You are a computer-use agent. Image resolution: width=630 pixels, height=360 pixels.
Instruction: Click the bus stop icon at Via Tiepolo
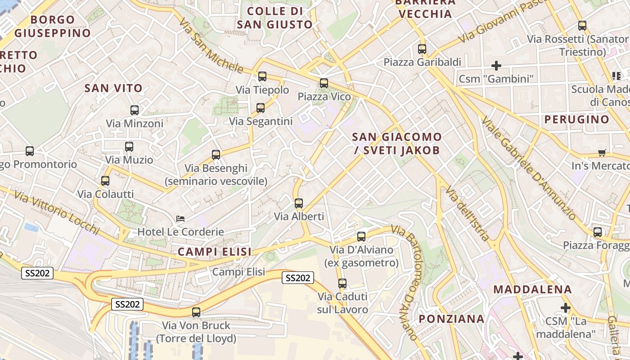click(262, 76)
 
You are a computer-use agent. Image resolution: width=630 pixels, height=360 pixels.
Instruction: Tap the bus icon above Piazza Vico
click(324, 83)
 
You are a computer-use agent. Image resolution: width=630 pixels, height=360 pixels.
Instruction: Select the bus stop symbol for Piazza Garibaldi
click(422, 49)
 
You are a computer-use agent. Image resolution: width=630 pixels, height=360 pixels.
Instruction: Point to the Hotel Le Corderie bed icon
click(180, 219)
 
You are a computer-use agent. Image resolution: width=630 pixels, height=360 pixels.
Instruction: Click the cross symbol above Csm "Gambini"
click(496, 66)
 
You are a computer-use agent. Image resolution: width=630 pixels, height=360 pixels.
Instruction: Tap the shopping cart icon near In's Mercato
click(602, 153)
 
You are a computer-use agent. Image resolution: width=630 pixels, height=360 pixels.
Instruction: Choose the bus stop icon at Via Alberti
click(299, 203)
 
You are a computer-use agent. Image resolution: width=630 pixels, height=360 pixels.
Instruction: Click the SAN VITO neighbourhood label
click(113, 88)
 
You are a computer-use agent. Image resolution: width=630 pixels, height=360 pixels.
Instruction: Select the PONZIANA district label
click(451, 319)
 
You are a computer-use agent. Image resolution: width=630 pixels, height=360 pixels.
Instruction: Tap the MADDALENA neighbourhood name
click(532, 289)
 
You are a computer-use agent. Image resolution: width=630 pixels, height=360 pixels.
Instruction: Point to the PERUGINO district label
click(576, 120)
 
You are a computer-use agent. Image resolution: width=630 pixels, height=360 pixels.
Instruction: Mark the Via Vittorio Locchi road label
click(56, 212)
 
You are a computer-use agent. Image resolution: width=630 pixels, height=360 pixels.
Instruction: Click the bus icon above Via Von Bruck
click(196, 312)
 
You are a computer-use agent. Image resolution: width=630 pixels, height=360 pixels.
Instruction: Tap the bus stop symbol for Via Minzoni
click(134, 110)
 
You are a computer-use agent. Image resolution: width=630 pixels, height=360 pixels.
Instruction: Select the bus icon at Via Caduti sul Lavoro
click(342, 283)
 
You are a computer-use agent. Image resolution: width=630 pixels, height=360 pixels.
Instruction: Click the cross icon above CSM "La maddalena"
click(566, 308)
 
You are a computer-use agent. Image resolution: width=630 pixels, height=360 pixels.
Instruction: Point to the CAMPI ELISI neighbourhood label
click(215, 252)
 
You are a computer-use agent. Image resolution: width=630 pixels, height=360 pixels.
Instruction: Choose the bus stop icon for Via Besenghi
click(216, 155)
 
